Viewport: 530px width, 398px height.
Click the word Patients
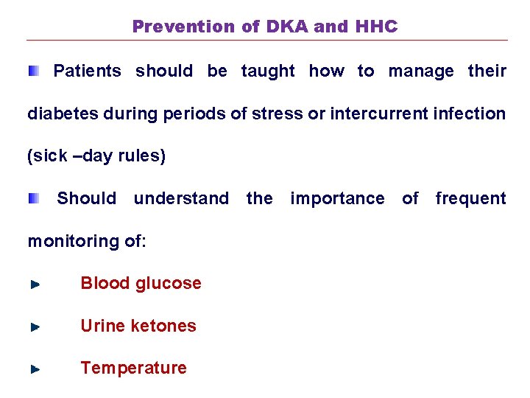point(87,71)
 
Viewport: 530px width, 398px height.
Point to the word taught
point(268,71)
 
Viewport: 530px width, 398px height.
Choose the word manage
point(421,71)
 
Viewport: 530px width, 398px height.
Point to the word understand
point(181,199)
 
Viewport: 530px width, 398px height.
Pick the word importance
point(337,199)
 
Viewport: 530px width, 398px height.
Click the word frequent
point(470,199)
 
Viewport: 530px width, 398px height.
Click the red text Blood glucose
point(141,284)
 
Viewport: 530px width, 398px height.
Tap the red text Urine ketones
point(138,326)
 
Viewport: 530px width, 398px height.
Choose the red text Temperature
point(133,368)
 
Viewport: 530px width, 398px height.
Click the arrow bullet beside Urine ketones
point(35,327)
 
